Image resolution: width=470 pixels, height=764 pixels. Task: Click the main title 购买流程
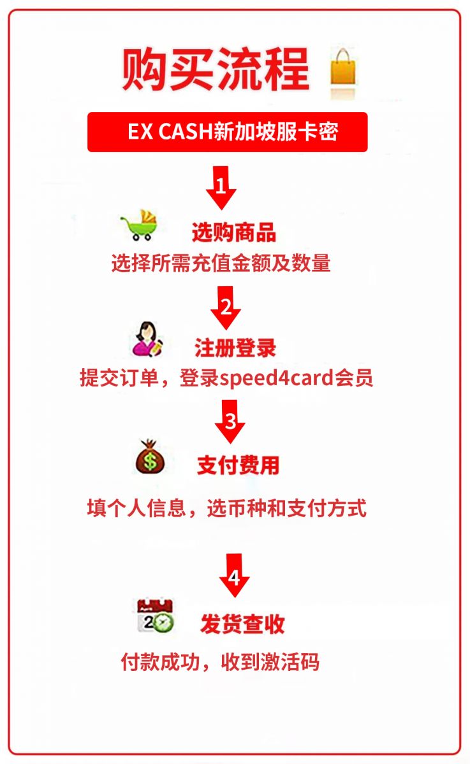(216, 69)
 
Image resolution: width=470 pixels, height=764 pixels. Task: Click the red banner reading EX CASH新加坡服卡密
(228, 132)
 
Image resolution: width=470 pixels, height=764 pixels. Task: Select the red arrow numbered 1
(221, 188)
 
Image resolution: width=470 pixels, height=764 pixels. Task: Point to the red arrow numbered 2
(226, 308)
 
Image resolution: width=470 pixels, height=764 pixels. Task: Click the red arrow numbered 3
(230, 421)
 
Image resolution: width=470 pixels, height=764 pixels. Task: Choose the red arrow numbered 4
(234, 576)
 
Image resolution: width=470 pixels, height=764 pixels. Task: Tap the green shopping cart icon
(140, 225)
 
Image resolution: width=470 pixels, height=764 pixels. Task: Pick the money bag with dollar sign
(150, 456)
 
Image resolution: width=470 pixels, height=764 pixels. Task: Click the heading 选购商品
(234, 232)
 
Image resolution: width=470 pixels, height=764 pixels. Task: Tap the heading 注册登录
(235, 348)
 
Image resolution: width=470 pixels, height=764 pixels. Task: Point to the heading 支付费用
(239, 465)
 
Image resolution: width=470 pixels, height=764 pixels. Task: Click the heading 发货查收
(242, 624)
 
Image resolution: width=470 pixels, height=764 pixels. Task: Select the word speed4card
(276, 378)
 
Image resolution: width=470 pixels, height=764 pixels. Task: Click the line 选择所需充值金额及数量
(221, 263)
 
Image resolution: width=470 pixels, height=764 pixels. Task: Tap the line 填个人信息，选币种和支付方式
(227, 508)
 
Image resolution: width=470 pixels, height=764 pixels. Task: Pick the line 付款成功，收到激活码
(220, 662)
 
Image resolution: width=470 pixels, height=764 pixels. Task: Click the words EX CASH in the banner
(170, 131)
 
